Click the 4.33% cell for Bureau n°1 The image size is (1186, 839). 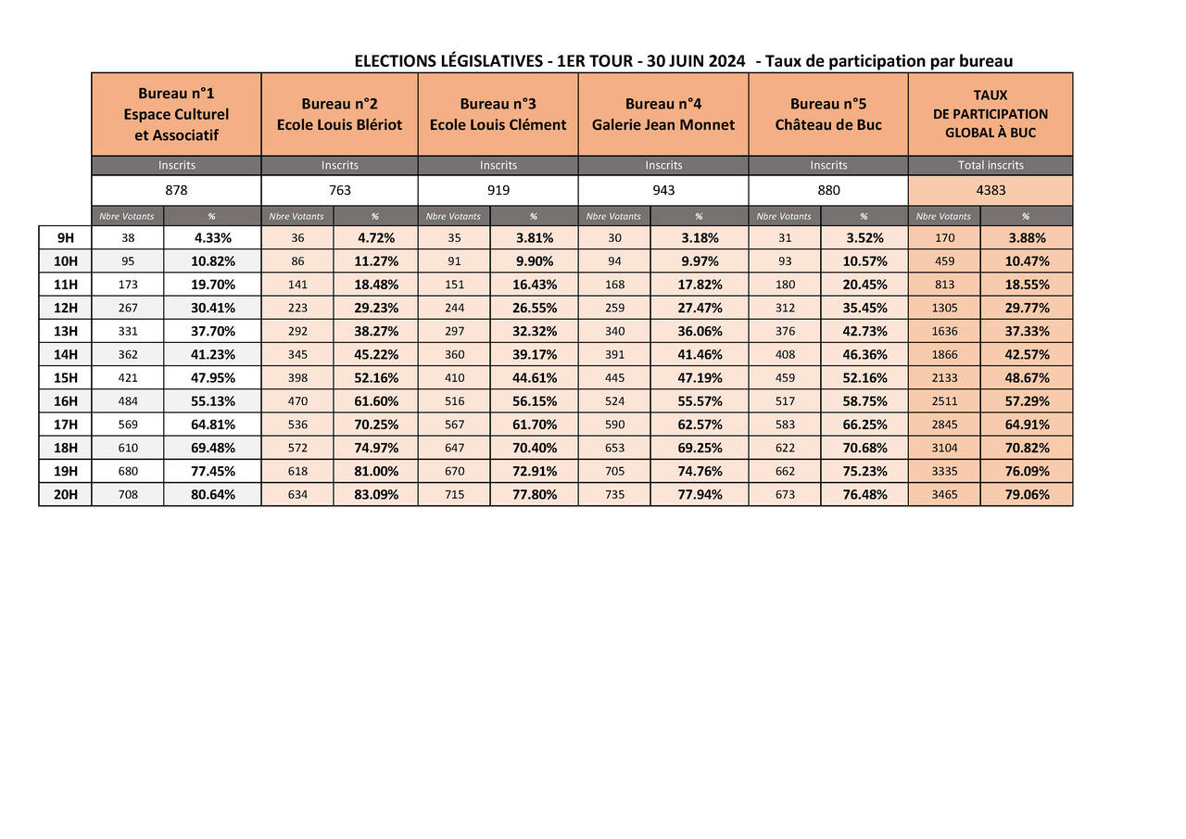tap(212, 237)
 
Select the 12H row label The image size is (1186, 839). tap(66, 308)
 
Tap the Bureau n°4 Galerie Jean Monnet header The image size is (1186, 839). tap(662, 114)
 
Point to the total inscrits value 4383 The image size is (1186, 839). tap(990, 190)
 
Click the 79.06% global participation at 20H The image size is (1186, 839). tap(1027, 494)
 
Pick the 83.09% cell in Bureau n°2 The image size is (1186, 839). tap(375, 494)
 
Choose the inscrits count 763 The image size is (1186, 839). tap(339, 190)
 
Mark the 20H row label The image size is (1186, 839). tap(66, 494)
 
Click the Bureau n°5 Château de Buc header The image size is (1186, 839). tap(827, 114)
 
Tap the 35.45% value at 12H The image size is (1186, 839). tap(864, 308)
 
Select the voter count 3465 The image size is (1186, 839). tap(944, 494)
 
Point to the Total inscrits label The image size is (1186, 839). tap(990, 165)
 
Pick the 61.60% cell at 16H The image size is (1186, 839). tap(375, 400)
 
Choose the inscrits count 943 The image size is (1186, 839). tap(662, 190)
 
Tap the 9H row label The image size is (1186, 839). tap(66, 237)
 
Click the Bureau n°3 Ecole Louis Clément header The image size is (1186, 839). tap(498, 114)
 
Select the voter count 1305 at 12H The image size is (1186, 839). tap(944, 308)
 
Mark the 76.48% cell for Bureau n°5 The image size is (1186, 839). tap(864, 494)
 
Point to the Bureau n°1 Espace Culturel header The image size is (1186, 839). tap(176, 114)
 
